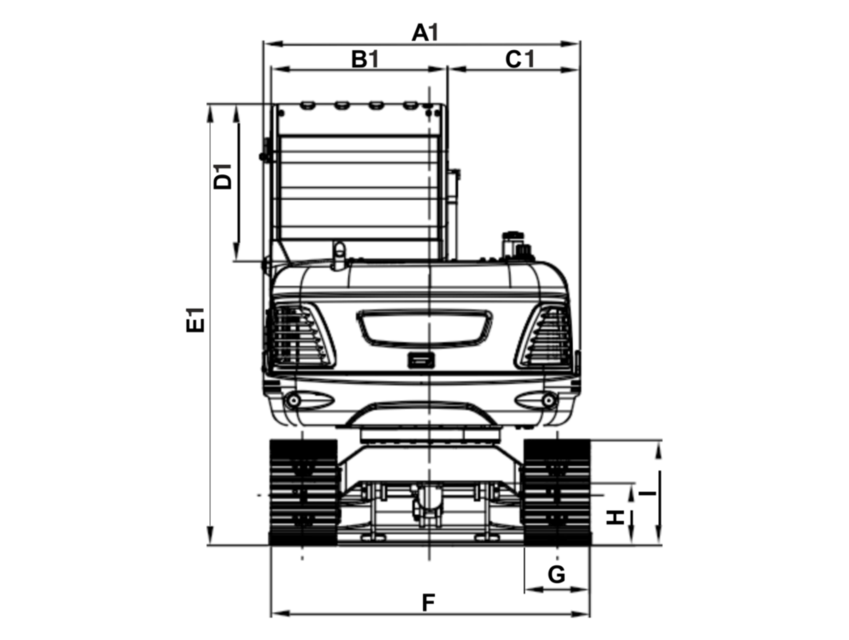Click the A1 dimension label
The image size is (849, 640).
425,33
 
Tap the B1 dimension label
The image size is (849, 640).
365,59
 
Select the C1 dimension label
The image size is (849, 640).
520,59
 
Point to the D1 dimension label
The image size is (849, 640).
223,176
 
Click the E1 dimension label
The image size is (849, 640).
195,320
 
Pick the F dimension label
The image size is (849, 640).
428,603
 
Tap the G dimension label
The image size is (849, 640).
556,575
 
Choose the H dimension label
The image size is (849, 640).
615,518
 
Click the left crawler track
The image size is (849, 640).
303,492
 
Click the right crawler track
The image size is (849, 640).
557,492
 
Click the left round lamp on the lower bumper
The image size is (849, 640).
294,400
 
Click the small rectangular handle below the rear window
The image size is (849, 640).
421,360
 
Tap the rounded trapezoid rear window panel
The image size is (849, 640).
424,327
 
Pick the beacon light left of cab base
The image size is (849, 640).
340,255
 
